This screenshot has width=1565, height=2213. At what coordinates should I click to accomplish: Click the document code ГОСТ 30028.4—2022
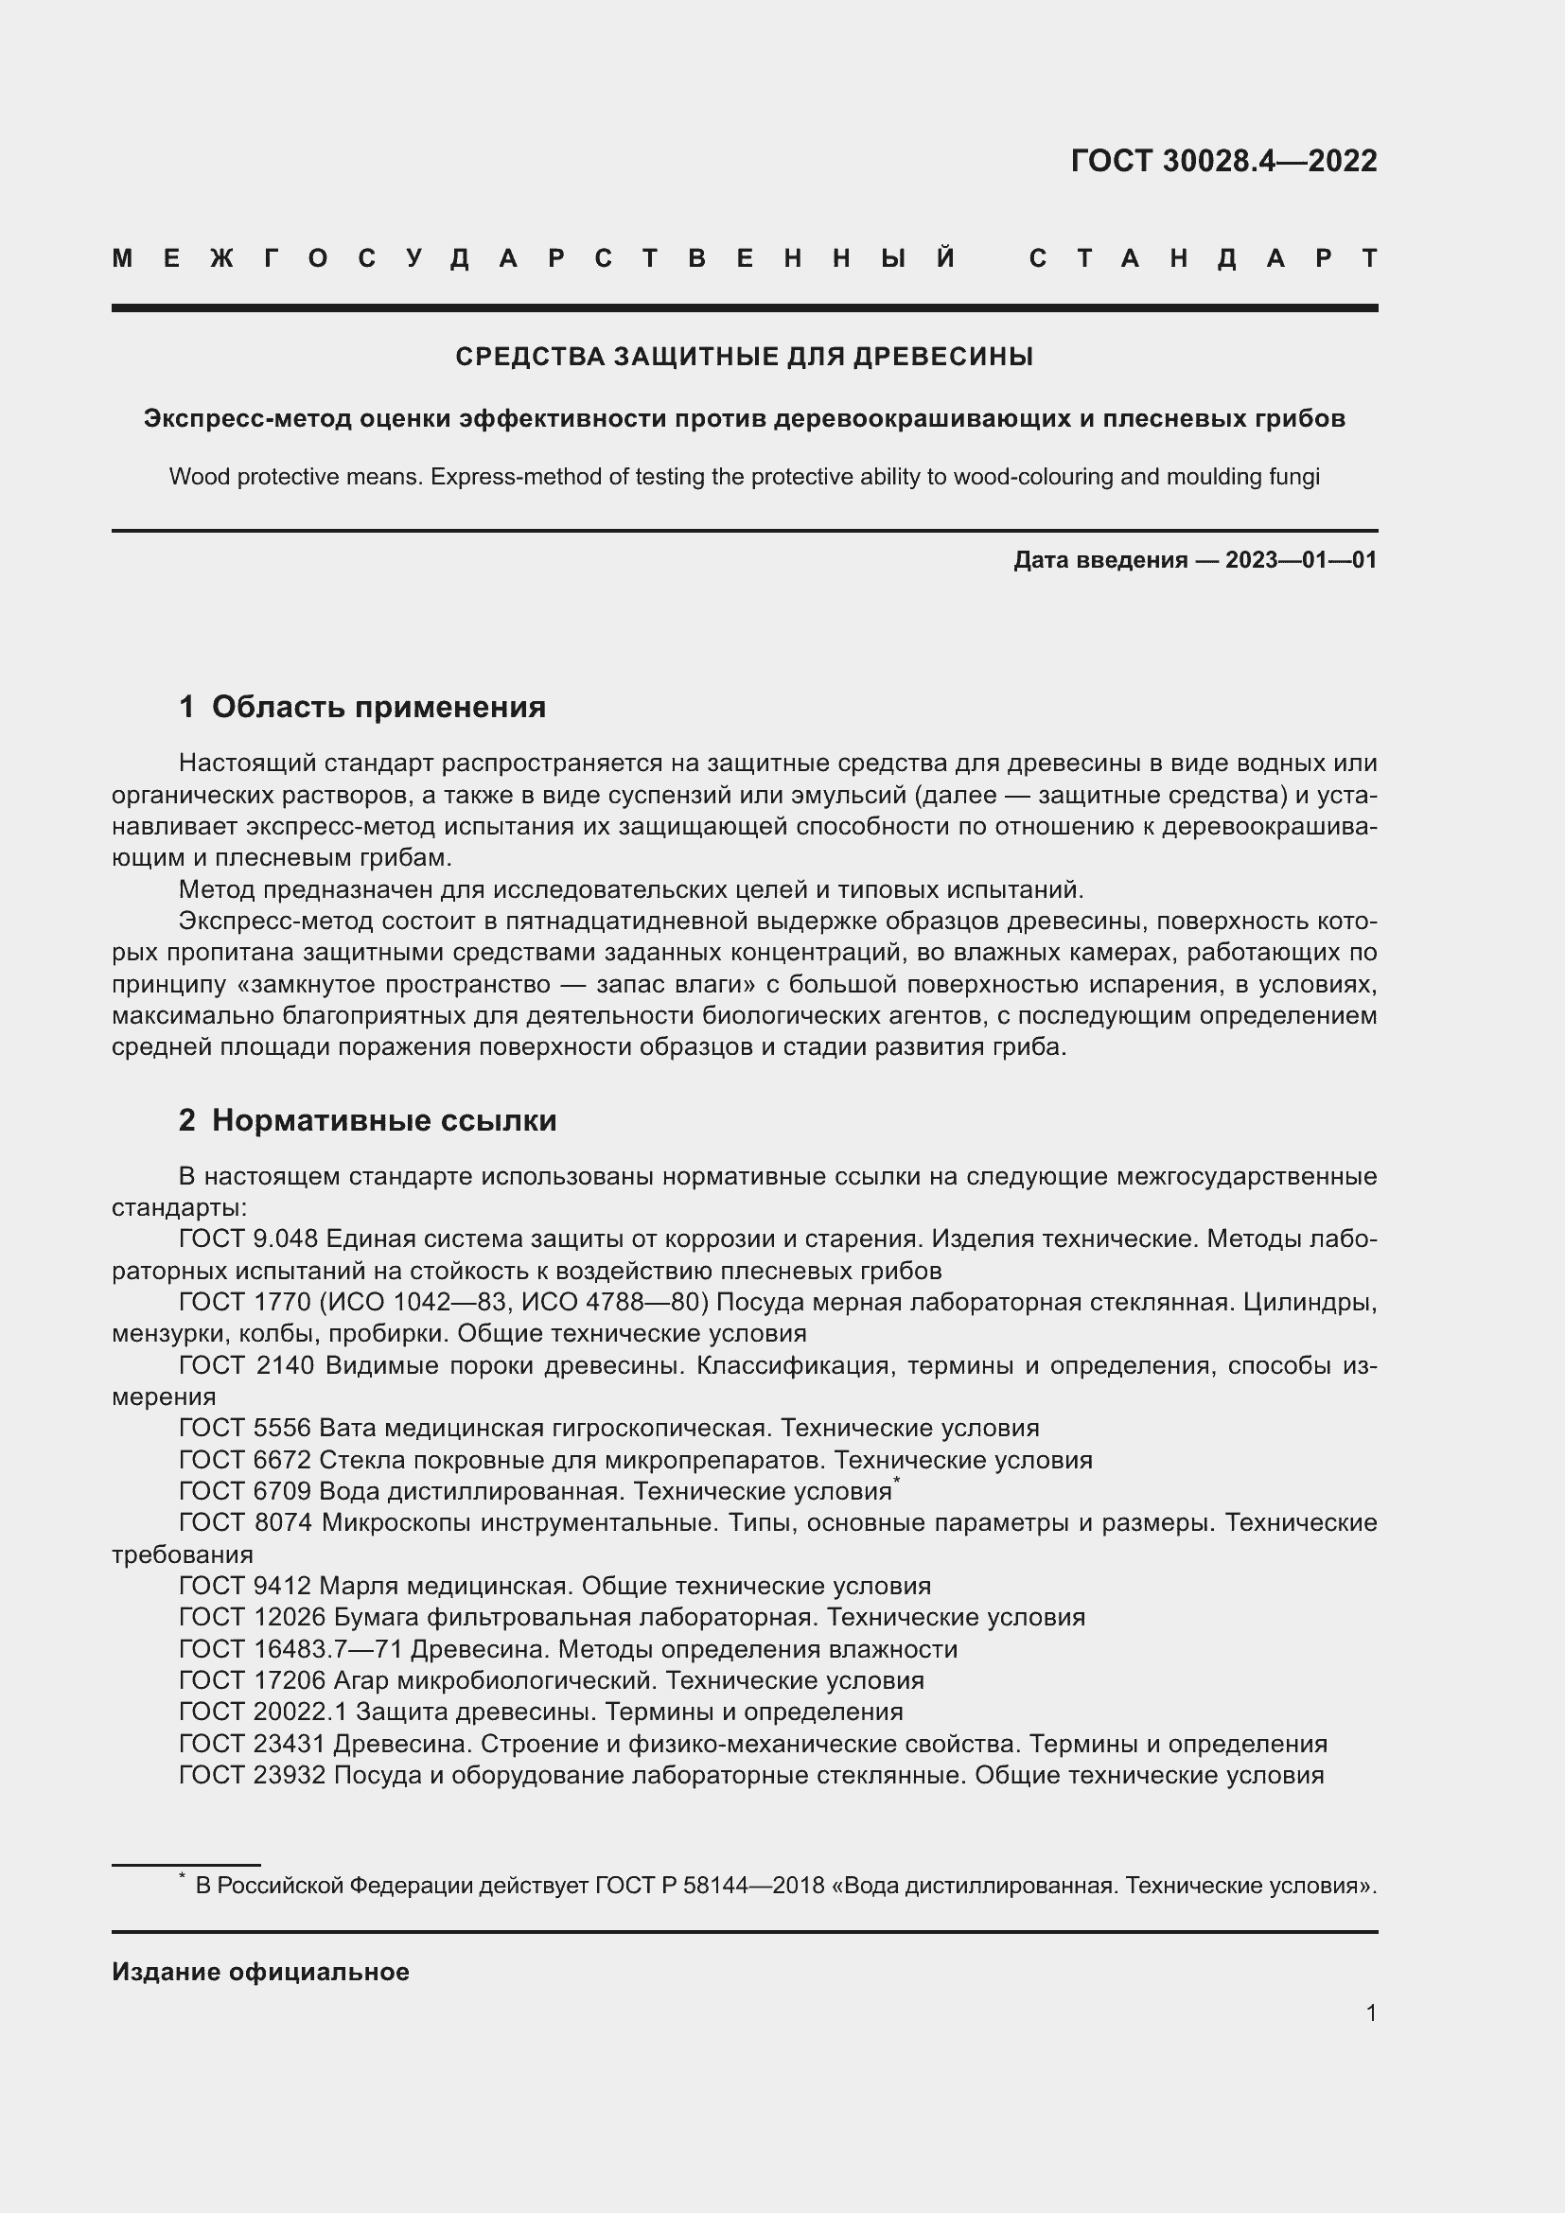click(1222, 161)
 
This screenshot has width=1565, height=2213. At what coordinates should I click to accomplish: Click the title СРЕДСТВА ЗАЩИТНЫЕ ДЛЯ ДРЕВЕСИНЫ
click(744, 358)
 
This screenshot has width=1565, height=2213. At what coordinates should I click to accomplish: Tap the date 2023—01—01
click(1301, 560)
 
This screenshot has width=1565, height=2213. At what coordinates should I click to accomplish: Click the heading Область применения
click(378, 708)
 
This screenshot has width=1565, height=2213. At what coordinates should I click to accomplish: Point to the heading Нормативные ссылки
click(383, 1120)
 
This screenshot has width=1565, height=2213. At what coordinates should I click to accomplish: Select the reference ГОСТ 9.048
click(248, 1238)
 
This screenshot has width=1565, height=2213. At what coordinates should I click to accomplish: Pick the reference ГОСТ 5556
click(245, 1428)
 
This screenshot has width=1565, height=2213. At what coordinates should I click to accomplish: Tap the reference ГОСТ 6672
click(245, 1459)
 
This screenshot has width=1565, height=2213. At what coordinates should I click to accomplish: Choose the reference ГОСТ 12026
click(252, 1616)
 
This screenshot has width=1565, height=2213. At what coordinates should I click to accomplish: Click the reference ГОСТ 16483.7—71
click(290, 1649)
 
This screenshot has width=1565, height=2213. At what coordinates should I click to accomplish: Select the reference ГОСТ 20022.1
click(263, 1712)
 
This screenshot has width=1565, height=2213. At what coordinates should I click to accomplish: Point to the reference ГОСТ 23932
click(252, 1774)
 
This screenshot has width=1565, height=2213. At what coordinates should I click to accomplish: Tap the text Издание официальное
click(260, 1972)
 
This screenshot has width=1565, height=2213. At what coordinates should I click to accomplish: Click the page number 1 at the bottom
click(1370, 2012)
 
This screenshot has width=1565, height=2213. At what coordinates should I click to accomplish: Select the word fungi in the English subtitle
click(1296, 477)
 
